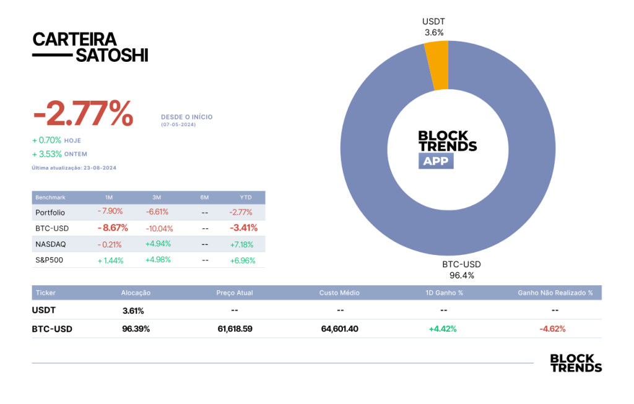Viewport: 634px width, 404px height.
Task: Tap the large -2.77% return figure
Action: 84,113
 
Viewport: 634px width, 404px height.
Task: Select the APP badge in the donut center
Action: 436,161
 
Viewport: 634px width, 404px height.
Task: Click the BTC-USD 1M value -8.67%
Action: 113,228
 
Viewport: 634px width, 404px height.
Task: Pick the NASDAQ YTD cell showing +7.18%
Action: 242,244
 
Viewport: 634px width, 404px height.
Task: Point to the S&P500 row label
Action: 50,260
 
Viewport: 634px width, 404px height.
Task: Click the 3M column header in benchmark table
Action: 157,197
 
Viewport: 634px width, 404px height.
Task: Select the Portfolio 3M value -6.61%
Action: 157,212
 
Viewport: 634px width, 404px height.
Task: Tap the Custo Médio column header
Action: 339,293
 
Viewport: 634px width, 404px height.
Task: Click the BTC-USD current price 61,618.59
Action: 235,329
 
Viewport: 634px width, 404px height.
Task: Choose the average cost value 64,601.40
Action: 340,329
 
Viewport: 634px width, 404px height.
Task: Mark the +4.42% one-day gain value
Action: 443,329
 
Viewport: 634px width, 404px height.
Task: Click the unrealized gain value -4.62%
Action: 552,329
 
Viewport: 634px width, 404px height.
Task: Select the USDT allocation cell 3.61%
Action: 133,311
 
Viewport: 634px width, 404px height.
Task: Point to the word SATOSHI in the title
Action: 112,55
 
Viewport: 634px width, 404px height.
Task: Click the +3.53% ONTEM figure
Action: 47,154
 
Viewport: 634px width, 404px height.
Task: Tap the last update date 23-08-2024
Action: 100,168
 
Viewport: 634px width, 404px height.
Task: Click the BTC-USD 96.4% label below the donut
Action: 462,270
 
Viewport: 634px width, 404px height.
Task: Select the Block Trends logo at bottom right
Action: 576,363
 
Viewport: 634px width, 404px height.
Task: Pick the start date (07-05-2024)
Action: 178,124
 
